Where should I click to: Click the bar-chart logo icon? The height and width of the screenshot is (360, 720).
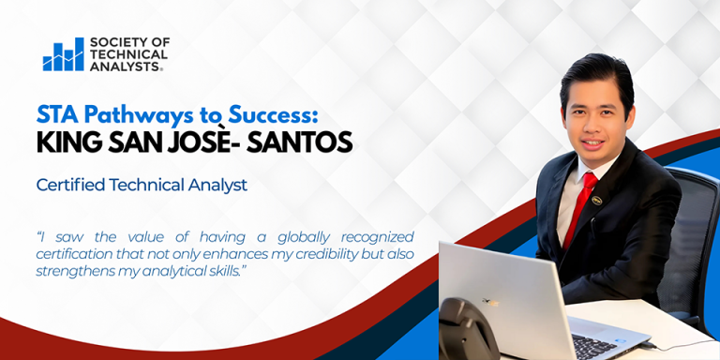(x=63, y=55)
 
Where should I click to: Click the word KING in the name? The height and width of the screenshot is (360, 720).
(x=67, y=142)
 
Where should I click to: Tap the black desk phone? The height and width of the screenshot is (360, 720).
(x=465, y=333)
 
